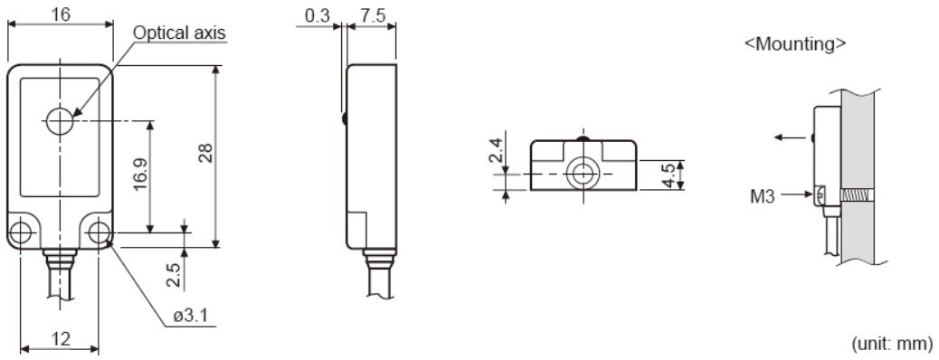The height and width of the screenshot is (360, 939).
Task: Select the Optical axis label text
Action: click(180, 33)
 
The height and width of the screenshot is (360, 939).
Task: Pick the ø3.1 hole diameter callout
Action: click(191, 316)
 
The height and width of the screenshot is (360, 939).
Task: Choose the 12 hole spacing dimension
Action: click(61, 339)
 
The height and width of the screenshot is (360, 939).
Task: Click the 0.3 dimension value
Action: click(318, 15)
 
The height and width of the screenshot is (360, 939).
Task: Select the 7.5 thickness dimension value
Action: click(374, 15)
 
